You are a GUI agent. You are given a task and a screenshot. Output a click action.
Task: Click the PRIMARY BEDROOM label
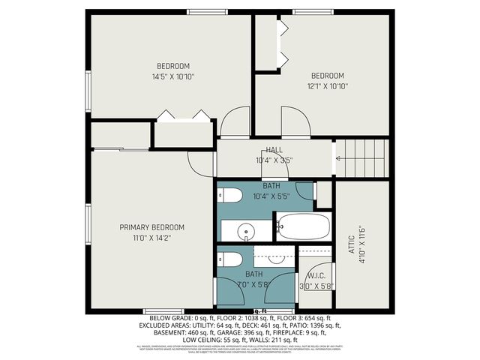tap(152, 227)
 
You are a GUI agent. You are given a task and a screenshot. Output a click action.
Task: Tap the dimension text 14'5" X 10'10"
tap(173, 76)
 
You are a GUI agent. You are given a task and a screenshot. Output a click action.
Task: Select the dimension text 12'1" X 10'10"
tap(328, 86)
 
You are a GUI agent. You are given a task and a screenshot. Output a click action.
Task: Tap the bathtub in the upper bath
tap(303, 225)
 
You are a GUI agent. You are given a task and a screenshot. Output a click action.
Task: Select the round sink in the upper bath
tap(244, 232)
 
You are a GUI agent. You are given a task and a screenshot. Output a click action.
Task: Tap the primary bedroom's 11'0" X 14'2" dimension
tap(152, 238)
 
